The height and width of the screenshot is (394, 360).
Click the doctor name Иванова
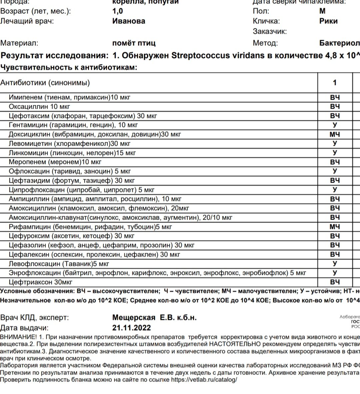pos(129,21)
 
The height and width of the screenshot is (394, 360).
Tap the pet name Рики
pos(328,21)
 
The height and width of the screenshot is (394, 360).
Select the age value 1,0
pos(118,11)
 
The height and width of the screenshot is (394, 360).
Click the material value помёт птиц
pos(134,43)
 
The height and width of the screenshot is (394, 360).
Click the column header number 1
pos(335,83)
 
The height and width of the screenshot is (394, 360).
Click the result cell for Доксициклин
pos(335,135)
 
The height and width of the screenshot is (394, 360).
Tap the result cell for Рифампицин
pos(335,227)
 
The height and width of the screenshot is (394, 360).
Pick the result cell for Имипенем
pos(335,98)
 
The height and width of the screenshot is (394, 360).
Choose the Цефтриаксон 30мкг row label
pos(40,282)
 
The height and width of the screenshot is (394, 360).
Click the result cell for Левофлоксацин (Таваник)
pos(335,264)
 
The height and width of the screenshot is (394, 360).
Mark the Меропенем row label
pos(55,162)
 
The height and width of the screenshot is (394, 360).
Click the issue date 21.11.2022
pos(132,328)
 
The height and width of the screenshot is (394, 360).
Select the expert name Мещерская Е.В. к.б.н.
pos(154,317)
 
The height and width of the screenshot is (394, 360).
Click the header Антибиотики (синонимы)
pos(45,83)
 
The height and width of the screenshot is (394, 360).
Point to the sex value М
pos(322,11)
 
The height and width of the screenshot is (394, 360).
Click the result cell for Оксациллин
pos(335,107)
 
